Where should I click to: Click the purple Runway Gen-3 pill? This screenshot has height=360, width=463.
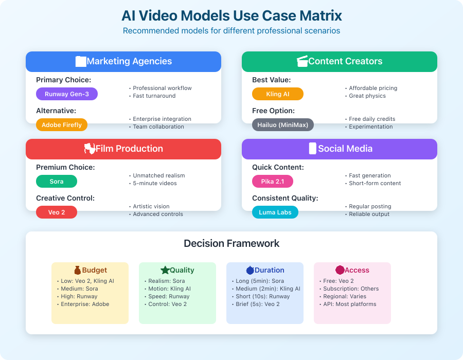[67, 94]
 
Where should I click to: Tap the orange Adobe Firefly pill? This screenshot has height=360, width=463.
[62, 125]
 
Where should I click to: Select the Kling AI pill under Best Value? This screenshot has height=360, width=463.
[278, 94]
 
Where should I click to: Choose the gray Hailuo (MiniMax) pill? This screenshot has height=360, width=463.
[283, 125]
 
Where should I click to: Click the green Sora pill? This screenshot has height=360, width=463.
[57, 182]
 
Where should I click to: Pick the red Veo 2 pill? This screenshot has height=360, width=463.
[57, 212]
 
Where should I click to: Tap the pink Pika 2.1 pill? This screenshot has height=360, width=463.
[273, 182]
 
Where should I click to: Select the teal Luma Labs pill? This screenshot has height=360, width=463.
[275, 212]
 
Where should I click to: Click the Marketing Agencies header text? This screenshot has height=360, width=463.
[129, 61]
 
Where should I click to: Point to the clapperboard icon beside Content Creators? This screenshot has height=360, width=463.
[302, 61]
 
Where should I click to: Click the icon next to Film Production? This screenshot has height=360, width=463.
[90, 149]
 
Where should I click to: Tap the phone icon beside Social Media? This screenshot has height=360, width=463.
[312, 149]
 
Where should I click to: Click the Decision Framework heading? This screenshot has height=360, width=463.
[232, 243]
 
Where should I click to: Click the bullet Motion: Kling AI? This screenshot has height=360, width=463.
[168, 289]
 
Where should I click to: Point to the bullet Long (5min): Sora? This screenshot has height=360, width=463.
[258, 281]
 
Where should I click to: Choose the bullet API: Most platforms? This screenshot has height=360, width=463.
[348, 304]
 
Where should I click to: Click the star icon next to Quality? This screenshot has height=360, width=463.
[165, 270]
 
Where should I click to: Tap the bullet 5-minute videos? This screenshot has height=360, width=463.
[154, 183]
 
